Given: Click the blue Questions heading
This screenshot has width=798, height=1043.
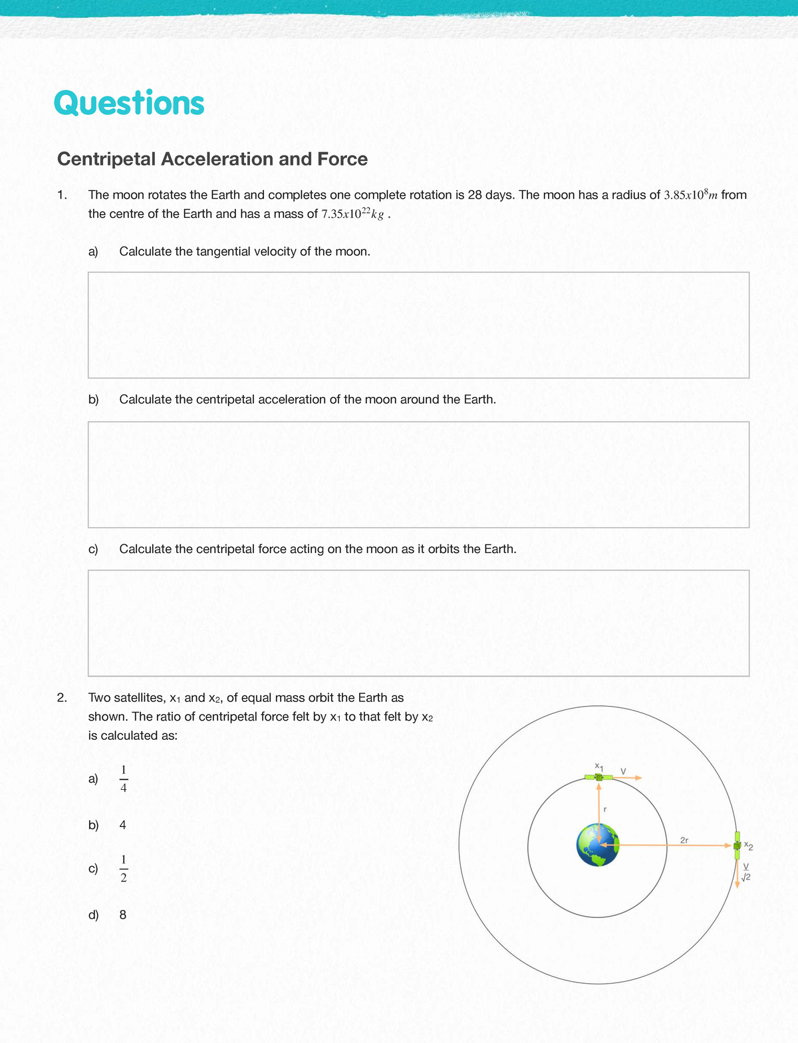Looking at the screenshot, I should [x=129, y=103].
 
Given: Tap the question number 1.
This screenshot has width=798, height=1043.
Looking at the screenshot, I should [x=61, y=195].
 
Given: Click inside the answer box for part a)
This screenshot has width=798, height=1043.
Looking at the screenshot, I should [x=418, y=325].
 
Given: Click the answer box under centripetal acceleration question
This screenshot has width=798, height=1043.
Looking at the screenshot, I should [x=418, y=474].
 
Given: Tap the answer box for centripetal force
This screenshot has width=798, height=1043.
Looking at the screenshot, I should [x=418, y=623].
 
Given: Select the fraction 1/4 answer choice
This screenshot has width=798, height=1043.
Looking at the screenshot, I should [x=124, y=778].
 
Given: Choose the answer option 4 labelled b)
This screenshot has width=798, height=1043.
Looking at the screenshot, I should [x=122, y=825].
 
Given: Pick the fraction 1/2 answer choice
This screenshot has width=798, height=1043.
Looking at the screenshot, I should [x=124, y=868].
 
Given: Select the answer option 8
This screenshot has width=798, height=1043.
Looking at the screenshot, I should [x=122, y=915].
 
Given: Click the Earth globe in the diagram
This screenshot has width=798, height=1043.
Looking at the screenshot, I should [x=598, y=845].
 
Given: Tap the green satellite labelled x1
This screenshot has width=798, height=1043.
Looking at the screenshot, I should [x=598, y=777].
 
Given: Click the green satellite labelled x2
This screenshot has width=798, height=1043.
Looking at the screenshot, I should [x=737, y=845].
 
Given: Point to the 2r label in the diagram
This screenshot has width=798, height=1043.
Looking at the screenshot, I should [x=684, y=840].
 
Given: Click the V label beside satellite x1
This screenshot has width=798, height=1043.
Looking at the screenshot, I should [x=623, y=770].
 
